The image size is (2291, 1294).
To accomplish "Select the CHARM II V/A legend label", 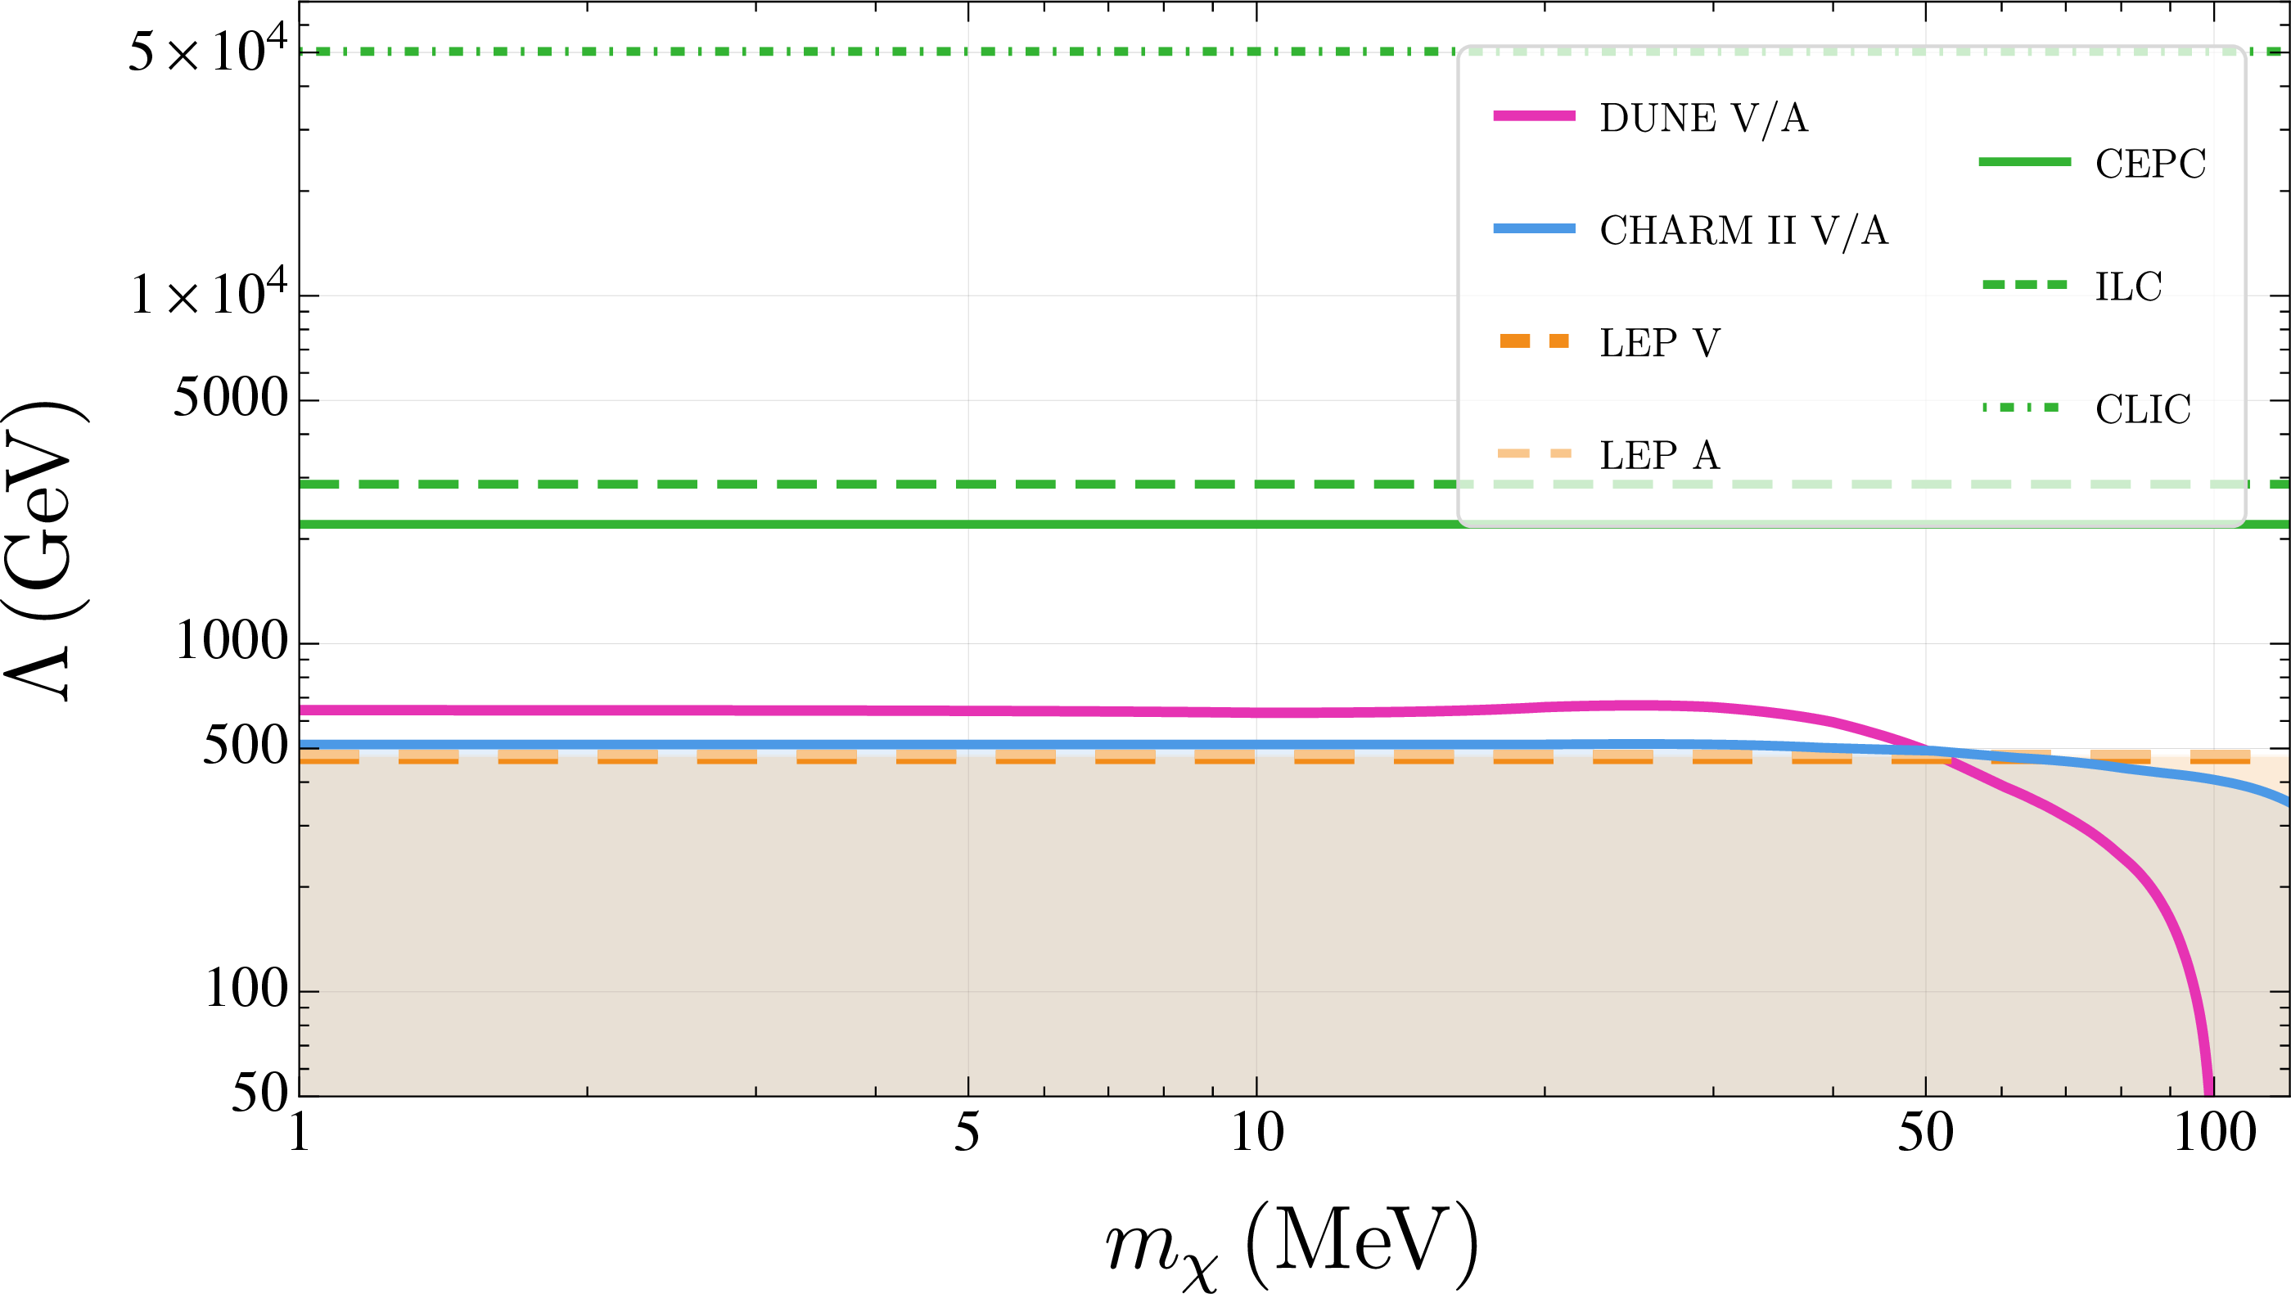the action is coord(1743,230).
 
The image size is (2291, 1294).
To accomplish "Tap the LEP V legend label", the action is coord(1660,342).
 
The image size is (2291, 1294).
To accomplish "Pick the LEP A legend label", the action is coord(1660,455).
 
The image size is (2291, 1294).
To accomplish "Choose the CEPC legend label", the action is coord(2150,164).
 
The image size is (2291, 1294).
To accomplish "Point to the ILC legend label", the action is coord(2128,286).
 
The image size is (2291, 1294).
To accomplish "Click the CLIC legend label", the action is coord(2143,409).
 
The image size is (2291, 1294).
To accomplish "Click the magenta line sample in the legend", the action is coord(1534,115).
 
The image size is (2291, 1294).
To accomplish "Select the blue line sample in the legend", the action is coord(1534,228).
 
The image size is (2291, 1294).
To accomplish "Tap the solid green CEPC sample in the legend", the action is coord(2024,162).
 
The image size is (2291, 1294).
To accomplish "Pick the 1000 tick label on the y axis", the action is coord(232,639).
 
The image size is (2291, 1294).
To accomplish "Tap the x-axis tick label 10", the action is coord(1256,1133).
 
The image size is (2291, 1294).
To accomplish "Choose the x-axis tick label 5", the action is coord(967,1133).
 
